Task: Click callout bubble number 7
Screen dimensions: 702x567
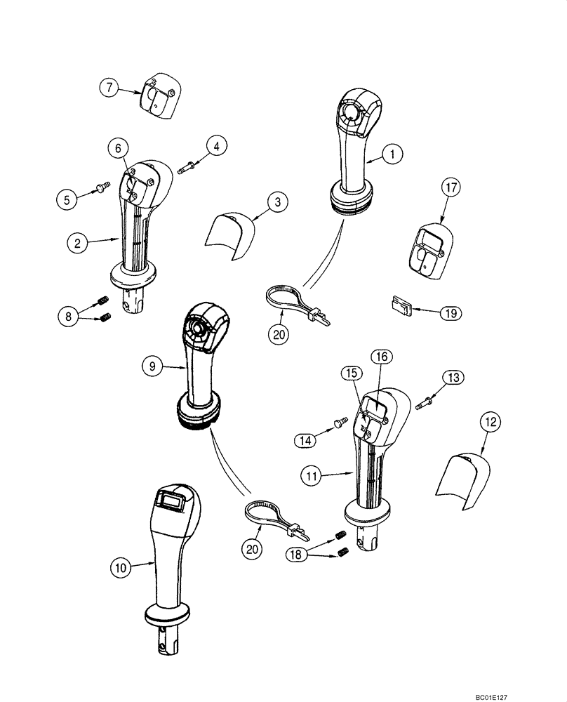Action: click(x=109, y=88)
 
